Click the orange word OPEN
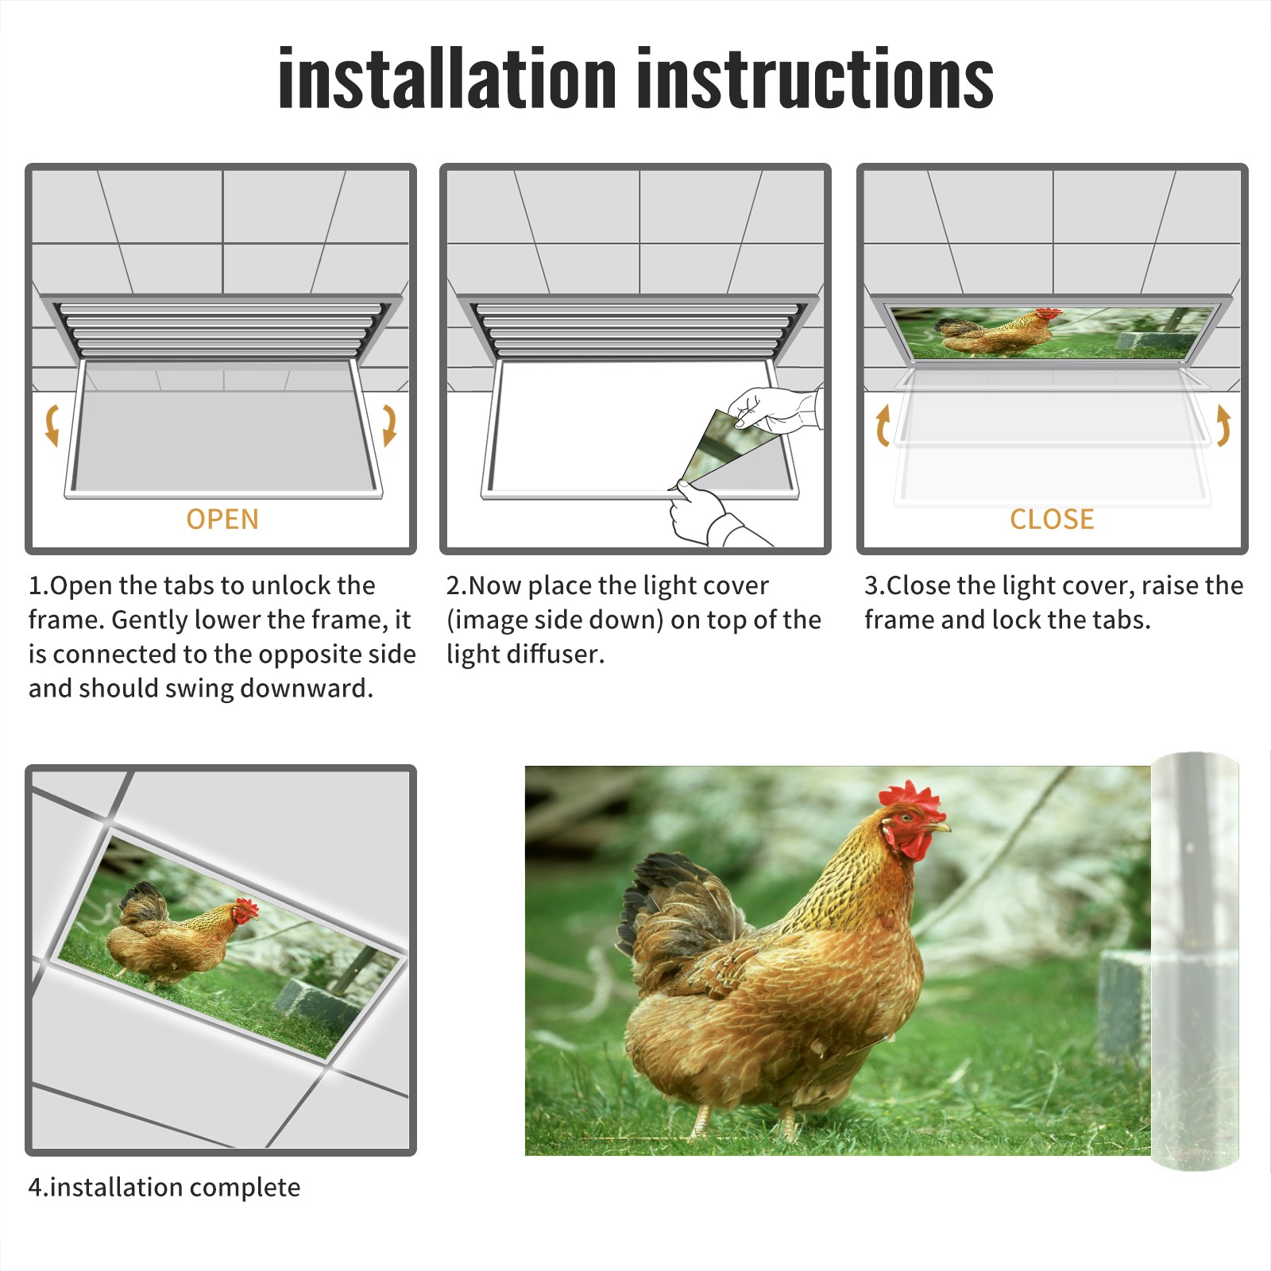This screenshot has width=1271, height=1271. click(222, 520)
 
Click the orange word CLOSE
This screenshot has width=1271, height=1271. click(1052, 520)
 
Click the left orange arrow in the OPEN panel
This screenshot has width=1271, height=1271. click(52, 425)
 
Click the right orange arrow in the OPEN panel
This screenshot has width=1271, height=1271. click(389, 425)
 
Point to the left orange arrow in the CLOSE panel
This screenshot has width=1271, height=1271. click(882, 425)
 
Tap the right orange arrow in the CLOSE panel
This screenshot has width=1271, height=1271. click(1223, 425)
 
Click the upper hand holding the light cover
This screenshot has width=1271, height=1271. click(775, 410)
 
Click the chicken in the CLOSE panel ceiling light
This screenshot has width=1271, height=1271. click(998, 333)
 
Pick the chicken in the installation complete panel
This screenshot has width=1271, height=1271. click(183, 937)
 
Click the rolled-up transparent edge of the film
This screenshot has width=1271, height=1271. click(1195, 961)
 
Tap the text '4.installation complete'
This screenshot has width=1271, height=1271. click(164, 1188)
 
